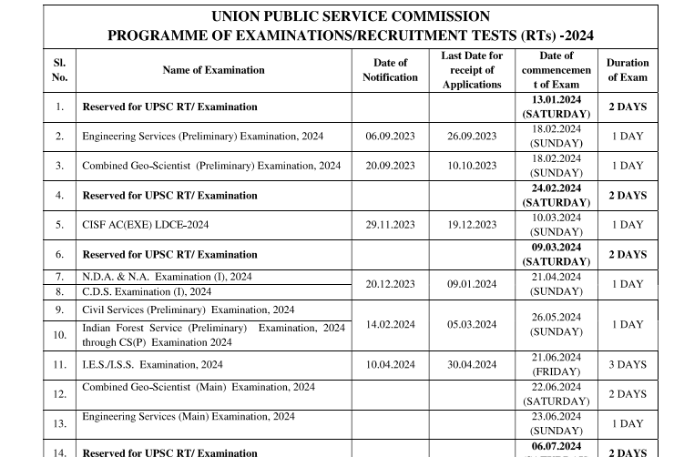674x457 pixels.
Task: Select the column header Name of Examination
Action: pos(213,70)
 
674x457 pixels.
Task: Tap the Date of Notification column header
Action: pos(390,70)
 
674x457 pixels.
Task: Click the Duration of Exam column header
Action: pos(628,70)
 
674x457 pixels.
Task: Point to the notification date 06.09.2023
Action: pos(390,137)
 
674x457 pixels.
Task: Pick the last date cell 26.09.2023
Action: pos(472,137)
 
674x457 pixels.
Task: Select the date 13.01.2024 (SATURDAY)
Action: pos(556,107)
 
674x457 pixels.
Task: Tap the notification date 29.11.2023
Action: pos(390,225)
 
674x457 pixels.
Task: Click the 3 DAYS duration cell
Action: pos(628,365)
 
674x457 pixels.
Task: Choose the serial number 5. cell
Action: pos(59,225)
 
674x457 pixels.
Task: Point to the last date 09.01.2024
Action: pos(472,284)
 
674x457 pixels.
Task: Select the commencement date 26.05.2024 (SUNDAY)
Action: pos(556,324)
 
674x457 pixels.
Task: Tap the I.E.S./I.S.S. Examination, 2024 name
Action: pos(152,365)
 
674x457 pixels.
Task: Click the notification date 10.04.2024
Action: pos(390,365)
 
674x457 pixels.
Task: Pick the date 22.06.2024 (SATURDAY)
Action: pos(556,394)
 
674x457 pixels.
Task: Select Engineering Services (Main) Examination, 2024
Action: pos(188,417)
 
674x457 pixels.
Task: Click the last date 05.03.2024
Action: pos(472,324)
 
